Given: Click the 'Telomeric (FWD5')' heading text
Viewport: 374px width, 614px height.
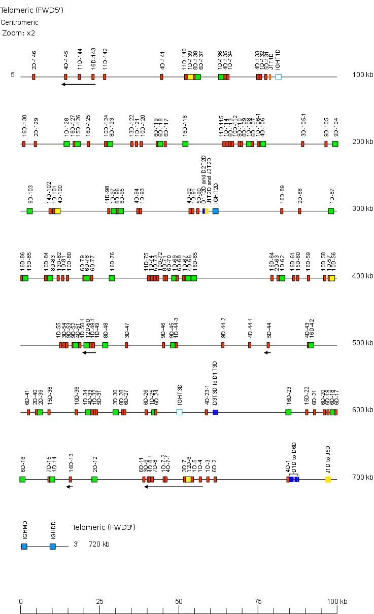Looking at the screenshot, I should [31, 10].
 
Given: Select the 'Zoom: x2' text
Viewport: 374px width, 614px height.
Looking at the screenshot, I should [19, 33].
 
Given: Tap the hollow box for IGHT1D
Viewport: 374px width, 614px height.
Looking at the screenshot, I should [278, 77].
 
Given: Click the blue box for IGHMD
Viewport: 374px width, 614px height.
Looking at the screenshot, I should [24, 547].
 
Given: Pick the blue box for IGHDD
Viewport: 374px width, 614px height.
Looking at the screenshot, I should [52, 547].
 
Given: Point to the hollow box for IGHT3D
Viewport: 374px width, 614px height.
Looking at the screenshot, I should [179, 412].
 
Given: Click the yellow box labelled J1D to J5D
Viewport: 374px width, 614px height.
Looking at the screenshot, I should [328, 479].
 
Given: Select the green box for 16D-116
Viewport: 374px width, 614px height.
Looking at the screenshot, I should [185, 144].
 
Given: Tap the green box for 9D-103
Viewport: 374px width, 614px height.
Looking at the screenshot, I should [29, 211].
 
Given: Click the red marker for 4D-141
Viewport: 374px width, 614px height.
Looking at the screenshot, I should [161, 77].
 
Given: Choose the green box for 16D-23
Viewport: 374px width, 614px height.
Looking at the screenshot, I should [288, 412].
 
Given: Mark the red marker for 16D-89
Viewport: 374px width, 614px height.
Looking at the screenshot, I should [282, 211].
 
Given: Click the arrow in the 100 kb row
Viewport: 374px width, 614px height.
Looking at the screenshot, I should [79, 84].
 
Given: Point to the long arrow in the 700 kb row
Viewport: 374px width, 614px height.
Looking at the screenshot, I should [174, 487].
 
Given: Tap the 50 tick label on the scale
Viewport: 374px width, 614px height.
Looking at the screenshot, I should [179, 601].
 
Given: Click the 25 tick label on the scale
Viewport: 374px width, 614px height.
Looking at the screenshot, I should [99, 601].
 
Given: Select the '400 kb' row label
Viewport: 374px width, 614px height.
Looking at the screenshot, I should [362, 276].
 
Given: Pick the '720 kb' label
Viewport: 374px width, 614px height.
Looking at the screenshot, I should [99, 545].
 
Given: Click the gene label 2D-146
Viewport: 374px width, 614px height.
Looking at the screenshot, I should [35, 60].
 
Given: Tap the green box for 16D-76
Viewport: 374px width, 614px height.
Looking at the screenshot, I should [112, 278].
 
